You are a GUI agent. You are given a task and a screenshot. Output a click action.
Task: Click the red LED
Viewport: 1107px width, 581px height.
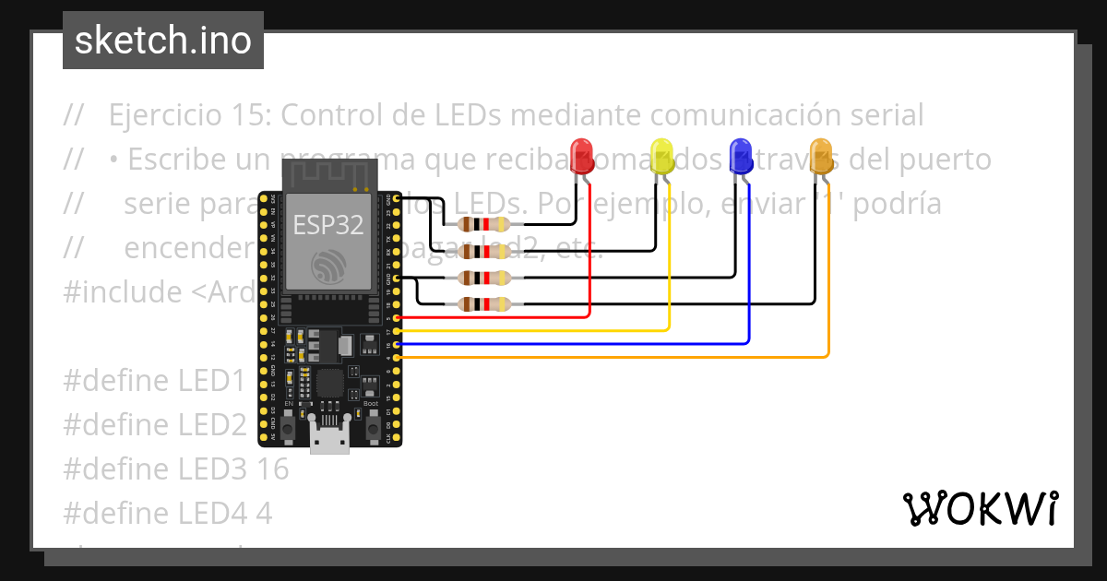click(581, 155)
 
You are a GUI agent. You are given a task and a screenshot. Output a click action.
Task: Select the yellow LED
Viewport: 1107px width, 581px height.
click(661, 155)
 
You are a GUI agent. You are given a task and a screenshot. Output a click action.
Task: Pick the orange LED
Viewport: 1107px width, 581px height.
click(820, 155)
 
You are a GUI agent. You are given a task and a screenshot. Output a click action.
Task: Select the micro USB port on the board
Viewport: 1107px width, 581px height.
click(329, 442)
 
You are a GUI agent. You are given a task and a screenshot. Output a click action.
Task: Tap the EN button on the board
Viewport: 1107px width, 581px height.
click(289, 426)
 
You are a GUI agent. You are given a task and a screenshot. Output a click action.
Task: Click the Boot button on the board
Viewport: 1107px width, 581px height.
click(371, 426)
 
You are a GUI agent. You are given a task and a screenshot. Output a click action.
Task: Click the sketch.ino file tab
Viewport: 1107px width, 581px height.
click(163, 41)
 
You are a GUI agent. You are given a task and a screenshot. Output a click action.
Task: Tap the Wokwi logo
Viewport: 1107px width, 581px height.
click(980, 508)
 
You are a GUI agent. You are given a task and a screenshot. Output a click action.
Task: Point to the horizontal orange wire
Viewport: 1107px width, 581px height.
click(609, 356)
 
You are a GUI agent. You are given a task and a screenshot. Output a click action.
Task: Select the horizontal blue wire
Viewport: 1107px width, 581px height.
click(572, 343)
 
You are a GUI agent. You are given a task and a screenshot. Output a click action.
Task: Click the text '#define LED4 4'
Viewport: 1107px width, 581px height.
click(167, 513)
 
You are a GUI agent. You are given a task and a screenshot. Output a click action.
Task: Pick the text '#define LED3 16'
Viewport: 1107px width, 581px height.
click(175, 468)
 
